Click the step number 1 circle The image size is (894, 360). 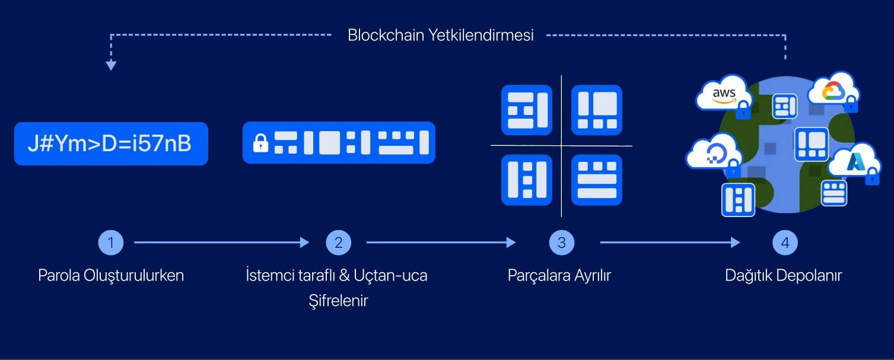point(110,243)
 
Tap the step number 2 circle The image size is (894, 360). point(338,243)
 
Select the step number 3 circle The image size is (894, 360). point(561,243)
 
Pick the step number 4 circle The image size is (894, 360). point(785,243)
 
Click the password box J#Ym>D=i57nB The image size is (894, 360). point(111,144)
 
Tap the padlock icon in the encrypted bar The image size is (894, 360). point(260,143)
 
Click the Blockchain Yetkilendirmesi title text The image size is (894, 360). point(440,35)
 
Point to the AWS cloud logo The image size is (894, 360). point(724,94)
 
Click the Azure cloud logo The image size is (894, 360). point(854,161)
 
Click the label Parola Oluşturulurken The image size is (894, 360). point(111,275)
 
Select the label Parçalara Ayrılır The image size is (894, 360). point(559,275)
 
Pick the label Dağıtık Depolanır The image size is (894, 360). point(783,275)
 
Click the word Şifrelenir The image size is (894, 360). point(338,301)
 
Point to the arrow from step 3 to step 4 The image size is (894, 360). point(669,243)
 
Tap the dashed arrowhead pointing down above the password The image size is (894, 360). point(111,65)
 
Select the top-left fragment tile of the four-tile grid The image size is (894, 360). point(527,110)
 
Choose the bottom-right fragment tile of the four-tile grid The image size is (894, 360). point(597,180)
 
